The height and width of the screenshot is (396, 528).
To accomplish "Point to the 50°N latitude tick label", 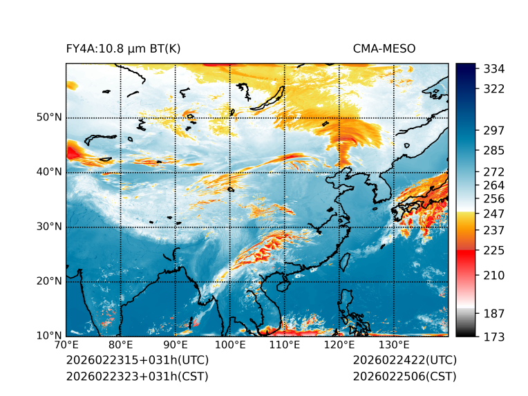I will click(x=49, y=117).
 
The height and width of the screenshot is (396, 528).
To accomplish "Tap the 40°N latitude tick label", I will click(x=49, y=172).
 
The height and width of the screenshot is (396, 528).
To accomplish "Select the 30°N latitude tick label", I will click(x=49, y=227).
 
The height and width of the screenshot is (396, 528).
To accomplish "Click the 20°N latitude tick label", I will click(x=49, y=281).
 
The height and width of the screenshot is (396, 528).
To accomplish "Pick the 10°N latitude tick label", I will click(x=49, y=336).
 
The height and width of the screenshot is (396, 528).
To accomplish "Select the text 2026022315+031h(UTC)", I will click(x=138, y=361).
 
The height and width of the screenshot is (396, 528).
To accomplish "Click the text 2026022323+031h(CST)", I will click(x=137, y=376).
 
